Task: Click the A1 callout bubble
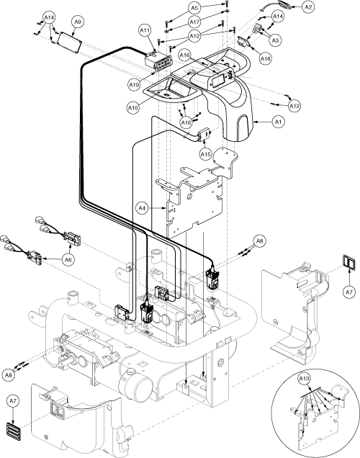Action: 278,122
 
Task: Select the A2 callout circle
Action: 308,7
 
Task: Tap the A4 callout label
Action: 142,208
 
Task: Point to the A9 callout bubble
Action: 78,22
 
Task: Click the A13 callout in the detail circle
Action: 305,379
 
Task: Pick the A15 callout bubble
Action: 205,154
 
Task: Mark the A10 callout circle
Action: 133,108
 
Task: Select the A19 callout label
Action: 135,85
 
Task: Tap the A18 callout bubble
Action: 266,59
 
